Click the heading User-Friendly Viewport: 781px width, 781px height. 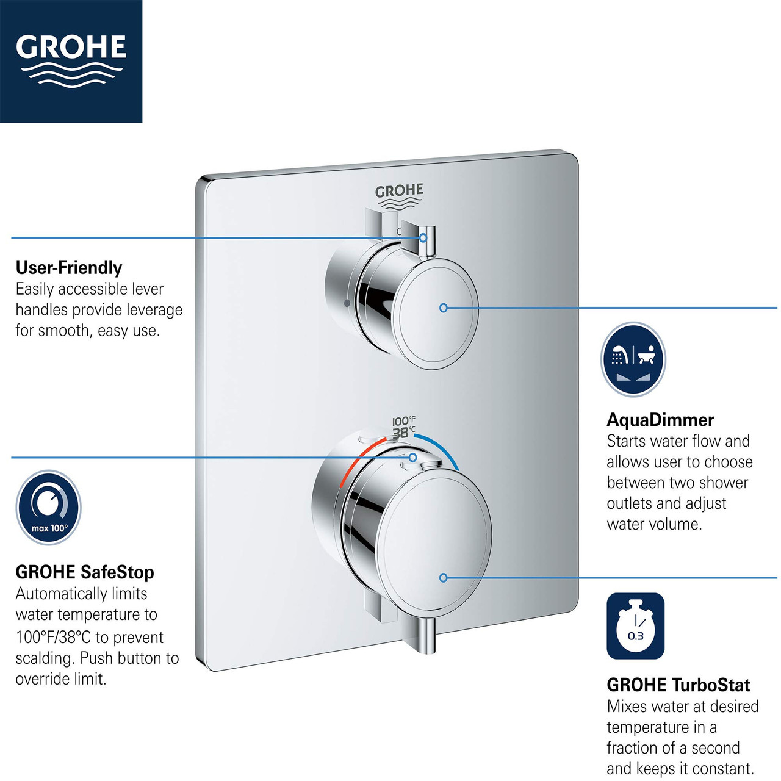69,267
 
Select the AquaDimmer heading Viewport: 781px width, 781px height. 660,420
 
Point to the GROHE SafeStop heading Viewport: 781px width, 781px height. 85,572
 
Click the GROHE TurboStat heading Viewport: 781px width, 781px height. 678,685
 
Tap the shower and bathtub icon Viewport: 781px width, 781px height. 633,359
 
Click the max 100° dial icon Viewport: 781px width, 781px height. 48,508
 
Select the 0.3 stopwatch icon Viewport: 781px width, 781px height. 635,627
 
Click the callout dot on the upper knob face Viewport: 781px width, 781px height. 444,308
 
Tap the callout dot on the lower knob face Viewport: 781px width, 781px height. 444,577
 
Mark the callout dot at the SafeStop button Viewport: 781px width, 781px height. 413,457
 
